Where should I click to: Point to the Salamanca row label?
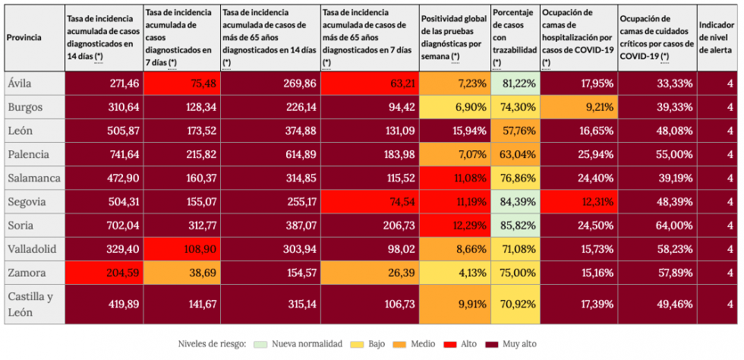click(34, 179)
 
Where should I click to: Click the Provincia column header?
click(24, 37)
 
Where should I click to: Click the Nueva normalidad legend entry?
click(308, 344)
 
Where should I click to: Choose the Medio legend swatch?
click(400, 344)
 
